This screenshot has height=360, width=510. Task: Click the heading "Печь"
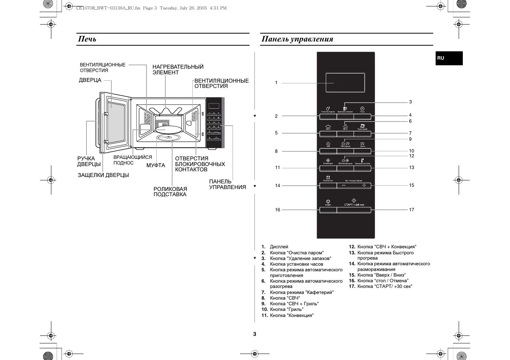[87, 39]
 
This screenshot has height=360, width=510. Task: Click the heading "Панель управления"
[297, 39]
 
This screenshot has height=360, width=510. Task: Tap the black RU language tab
[448, 58]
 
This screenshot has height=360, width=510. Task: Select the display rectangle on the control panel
[345, 83]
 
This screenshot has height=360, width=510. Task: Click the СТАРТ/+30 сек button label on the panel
[354, 205]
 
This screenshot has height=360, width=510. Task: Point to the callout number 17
[411, 210]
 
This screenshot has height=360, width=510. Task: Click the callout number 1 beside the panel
[276, 83]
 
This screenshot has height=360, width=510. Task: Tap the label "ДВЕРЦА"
[90, 80]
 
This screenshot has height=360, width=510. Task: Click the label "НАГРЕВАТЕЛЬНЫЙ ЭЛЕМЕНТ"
[178, 69]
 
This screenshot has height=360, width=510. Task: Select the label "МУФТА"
[156, 165]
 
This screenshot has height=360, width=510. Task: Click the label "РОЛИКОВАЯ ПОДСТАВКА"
[170, 192]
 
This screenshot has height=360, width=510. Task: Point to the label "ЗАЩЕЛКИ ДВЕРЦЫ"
[103, 175]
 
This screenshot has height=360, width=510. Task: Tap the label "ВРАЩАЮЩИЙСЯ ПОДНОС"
[133, 160]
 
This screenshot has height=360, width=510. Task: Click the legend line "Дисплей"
[279, 247]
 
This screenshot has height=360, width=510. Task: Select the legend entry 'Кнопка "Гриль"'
[287, 309]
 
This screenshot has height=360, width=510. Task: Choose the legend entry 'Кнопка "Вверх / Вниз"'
[381, 275]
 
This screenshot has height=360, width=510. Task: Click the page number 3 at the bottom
[254, 334]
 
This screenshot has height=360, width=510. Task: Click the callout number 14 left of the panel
[278, 186]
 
